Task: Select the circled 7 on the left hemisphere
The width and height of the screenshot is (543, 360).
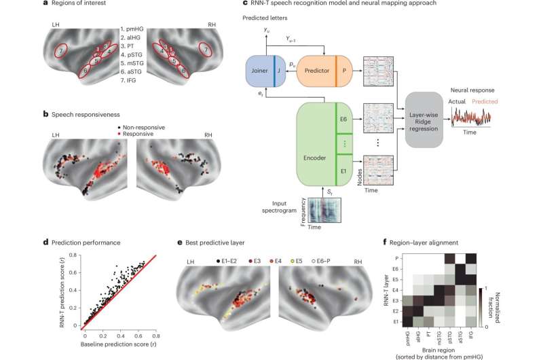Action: pyautogui.click(x=62, y=51)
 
